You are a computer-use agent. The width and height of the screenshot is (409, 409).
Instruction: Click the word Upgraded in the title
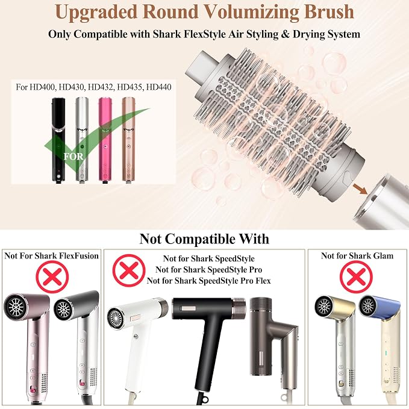(x=96, y=13)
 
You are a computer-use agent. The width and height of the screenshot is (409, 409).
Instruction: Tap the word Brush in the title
(x=329, y=11)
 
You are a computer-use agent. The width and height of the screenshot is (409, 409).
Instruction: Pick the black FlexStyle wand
(x=58, y=140)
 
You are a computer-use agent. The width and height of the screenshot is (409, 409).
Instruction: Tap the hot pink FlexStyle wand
(x=105, y=140)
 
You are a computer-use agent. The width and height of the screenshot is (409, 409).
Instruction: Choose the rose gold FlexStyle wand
(x=128, y=140)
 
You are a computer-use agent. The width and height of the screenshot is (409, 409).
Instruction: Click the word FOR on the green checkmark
(x=73, y=157)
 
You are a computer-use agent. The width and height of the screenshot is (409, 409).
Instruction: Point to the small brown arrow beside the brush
(x=360, y=189)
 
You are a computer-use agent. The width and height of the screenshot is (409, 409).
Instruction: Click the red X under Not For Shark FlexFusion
(x=52, y=276)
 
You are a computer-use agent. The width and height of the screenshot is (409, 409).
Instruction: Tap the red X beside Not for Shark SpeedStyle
(x=129, y=270)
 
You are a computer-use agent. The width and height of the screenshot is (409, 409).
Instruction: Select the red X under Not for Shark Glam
(x=356, y=276)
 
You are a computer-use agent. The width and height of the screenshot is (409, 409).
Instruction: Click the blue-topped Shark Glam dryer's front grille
(x=368, y=306)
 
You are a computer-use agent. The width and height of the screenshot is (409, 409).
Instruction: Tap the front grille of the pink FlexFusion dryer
(x=16, y=307)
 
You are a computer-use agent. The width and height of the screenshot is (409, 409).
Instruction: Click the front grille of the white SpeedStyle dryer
(x=115, y=319)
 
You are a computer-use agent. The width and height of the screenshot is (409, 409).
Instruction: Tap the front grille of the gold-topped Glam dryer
(x=323, y=307)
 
